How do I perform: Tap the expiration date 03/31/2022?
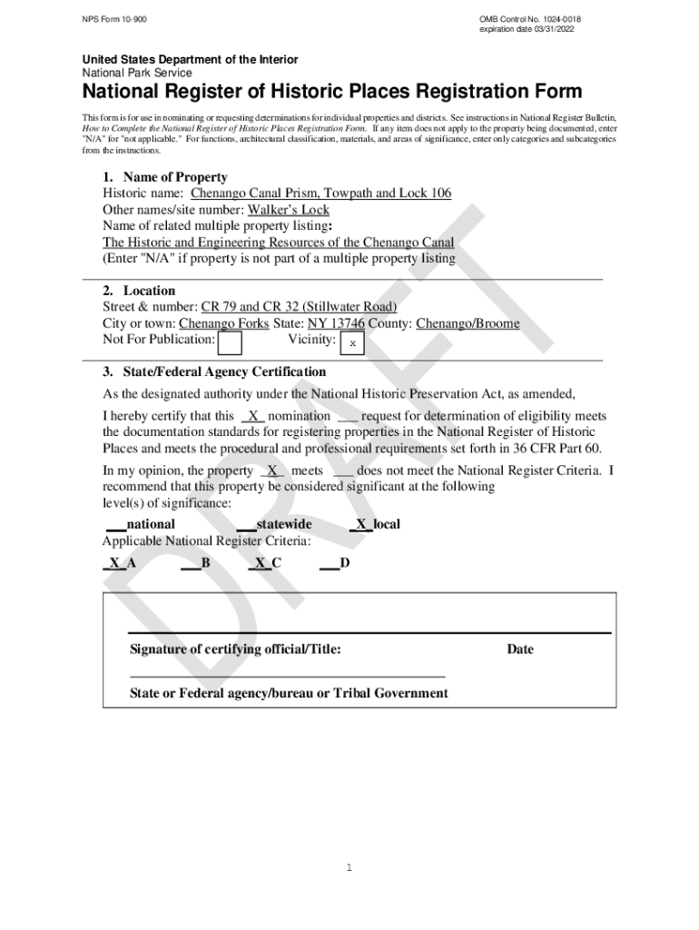[x=527, y=30]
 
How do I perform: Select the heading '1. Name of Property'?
[x=164, y=177]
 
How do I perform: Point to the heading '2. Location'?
[x=139, y=291]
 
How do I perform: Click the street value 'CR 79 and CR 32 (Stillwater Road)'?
[x=299, y=307]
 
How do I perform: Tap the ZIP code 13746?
[x=348, y=323]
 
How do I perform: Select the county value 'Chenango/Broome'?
[x=468, y=323]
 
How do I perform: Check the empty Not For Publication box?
[x=231, y=343]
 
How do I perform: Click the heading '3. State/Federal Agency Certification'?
[x=214, y=372]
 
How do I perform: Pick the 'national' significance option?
[x=151, y=524]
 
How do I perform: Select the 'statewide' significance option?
[x=283, y=524]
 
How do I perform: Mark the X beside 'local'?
[x=361, y=524]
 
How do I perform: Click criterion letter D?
[x=344, y=563]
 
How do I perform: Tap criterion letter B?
[x=206, y=563]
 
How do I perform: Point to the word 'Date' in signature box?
[x=520, y=649]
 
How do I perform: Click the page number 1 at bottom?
[x=349, y=868]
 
